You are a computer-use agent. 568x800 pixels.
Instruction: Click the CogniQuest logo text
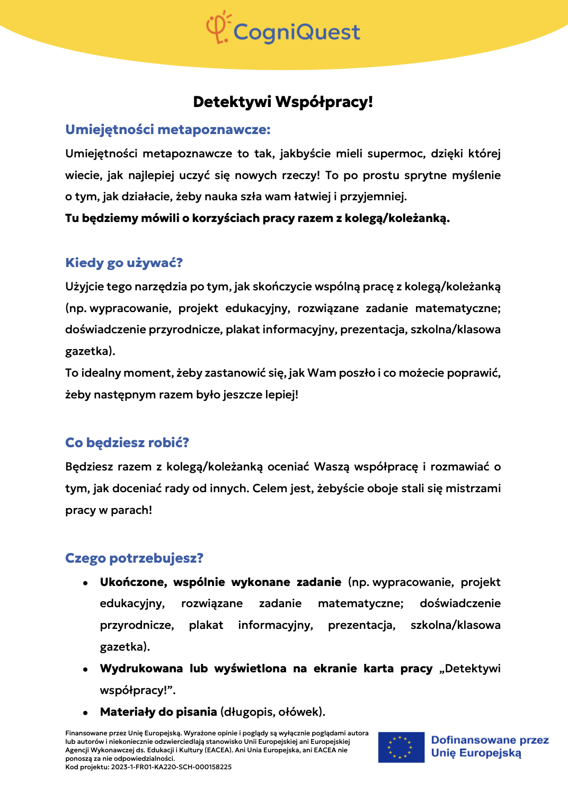click(296, 32)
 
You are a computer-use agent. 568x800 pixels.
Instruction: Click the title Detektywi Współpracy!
click(283, 102)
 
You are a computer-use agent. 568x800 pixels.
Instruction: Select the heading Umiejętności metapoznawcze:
click(168, 130)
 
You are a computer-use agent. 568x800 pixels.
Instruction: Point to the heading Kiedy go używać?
click(124, 263)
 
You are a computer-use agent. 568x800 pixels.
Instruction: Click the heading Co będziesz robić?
click(127, 443)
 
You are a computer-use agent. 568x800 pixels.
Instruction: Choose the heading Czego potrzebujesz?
click(134, 558)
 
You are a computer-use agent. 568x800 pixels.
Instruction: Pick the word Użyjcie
click(84, 287)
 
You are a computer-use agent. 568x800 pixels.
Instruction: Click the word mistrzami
click(473, 488)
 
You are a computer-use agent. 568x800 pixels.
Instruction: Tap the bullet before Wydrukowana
click(85, 670)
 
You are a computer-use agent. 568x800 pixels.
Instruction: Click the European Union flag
click(401, 747)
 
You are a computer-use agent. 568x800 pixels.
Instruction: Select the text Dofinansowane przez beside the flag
click(490, 740)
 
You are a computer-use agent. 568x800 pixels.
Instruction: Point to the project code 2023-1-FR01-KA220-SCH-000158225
click(171, 767)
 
